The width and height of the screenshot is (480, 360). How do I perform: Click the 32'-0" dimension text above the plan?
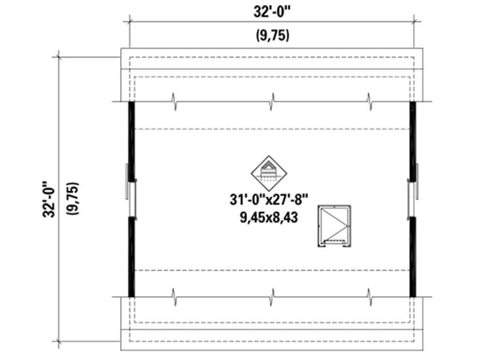[x=272, y=12]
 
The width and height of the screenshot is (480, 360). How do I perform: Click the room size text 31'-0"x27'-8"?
[x=269, y=199]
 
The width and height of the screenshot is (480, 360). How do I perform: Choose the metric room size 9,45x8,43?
[x=269, y=217]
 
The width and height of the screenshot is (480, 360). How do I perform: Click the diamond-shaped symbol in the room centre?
[x=269, y=173]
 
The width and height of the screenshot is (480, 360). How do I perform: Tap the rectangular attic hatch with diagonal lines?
[x=334, y=226]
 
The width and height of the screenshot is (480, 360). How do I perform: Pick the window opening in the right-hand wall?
[x=412, y=199]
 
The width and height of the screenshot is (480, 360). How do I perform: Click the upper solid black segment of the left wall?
[x=131, y=141]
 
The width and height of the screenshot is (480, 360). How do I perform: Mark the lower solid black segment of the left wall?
[x=131, y=257]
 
